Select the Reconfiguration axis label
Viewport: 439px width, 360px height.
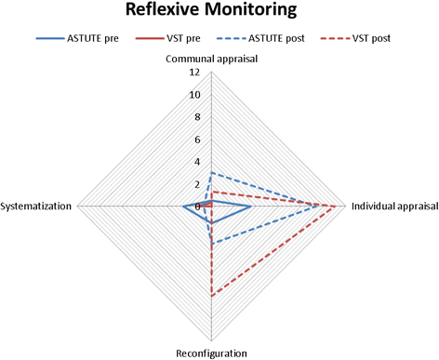pos(211,353)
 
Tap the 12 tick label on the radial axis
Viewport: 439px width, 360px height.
pos(193,73)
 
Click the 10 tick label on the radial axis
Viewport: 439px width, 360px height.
pos(193,95)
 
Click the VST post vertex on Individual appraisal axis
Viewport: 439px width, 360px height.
pos(335,206)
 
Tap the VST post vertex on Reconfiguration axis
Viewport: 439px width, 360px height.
pos(212,295)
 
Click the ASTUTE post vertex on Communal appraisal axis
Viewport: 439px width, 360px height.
pos(212,172)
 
